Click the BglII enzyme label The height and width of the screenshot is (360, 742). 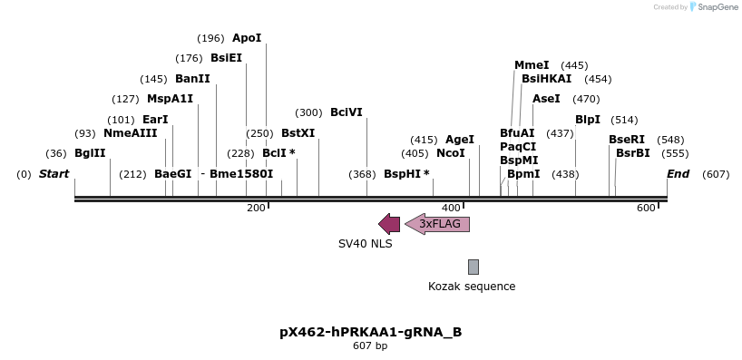tap(90, 153)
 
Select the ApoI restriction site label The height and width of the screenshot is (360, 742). tap(247, 38)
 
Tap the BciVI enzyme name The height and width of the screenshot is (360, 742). tap(347, 112)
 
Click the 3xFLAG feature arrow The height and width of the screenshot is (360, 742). tap(438, 224)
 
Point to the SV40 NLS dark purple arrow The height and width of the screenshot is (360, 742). tap(389, 224)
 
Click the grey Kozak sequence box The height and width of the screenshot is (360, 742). tap(474, 267)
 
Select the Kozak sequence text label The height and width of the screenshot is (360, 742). tap(472, 287)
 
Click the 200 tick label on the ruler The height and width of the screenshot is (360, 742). tap(256, 209)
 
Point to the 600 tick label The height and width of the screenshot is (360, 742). tap(645, 209)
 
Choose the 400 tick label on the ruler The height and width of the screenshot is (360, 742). tap(451, 209)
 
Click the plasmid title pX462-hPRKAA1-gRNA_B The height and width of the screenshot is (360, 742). tap(370, 332)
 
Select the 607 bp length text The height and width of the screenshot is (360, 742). tap(370, 345)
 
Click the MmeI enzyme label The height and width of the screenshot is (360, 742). tap(532, 65)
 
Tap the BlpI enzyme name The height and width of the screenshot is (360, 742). tap(588, 120)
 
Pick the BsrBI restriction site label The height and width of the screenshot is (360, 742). tap(633, 153)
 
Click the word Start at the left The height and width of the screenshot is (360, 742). tap(54, 173)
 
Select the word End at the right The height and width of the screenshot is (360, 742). tap(678, 173)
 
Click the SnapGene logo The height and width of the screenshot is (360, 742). tap(714, 7)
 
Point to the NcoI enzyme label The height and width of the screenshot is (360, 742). tap(451, 153)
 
